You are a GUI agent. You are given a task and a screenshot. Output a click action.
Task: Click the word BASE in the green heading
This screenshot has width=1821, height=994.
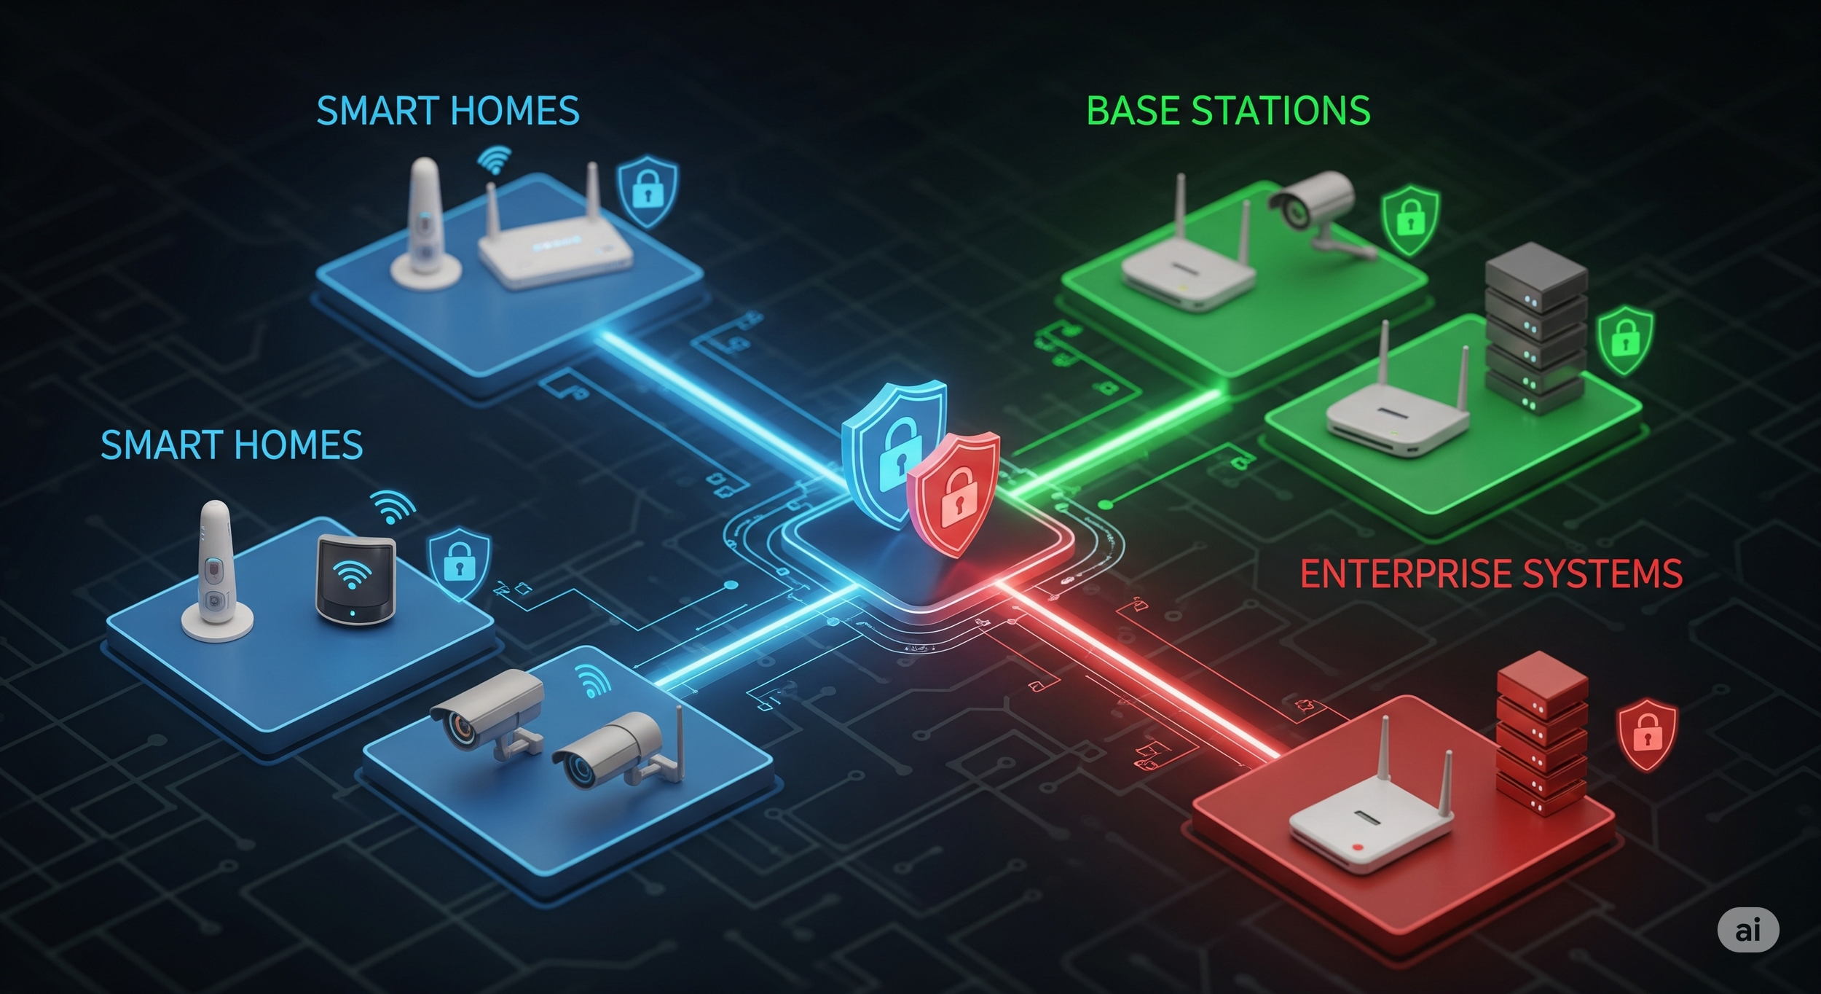[1130, 111]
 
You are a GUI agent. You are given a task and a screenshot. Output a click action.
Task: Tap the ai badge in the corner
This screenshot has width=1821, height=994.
[1747, 931]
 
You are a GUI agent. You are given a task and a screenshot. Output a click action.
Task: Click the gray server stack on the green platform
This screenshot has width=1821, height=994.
[1535, 328]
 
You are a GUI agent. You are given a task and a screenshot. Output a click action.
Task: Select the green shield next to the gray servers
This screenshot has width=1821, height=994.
[1625, 340]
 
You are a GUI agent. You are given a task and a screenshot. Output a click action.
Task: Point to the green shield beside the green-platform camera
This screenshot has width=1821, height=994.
[1410, 219]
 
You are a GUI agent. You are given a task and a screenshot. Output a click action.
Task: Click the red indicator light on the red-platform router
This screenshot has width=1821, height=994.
[1356, 848]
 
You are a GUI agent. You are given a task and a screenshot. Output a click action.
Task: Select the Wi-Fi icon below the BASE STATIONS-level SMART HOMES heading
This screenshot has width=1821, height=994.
[495, 160]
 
